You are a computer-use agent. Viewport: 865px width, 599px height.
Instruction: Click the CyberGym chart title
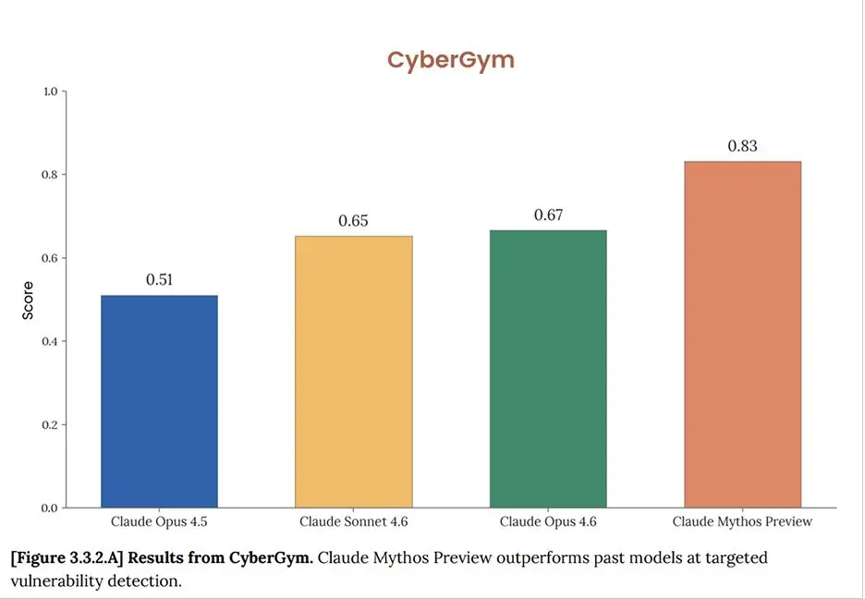[450, 60]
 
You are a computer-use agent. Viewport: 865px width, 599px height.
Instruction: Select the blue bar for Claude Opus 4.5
[159, 401]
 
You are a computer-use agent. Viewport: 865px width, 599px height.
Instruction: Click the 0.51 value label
[159, 280]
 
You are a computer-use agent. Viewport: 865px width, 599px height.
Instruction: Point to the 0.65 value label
[354, 221]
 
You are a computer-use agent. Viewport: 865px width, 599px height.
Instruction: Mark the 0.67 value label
[548, 215]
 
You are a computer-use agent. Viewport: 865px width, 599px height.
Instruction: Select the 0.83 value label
[743, 146]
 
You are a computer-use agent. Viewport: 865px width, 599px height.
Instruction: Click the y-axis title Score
[28, 300]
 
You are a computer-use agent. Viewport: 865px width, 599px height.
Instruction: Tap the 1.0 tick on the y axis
[50, 92]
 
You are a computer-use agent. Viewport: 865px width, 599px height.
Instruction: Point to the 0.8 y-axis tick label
[50, 175]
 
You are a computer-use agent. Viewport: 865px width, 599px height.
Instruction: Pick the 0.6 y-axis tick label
[50, 258]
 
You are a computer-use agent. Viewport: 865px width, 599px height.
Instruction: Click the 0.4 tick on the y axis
[50, 341]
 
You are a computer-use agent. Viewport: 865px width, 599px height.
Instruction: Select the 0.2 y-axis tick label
[50, 425]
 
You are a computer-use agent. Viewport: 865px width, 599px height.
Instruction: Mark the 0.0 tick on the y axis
[50, 508]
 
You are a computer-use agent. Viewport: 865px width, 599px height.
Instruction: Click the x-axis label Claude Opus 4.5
[159, 522]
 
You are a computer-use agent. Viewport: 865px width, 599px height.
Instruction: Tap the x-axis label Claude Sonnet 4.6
[354, 522]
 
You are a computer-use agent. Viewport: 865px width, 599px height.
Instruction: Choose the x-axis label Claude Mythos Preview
[743, 522]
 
